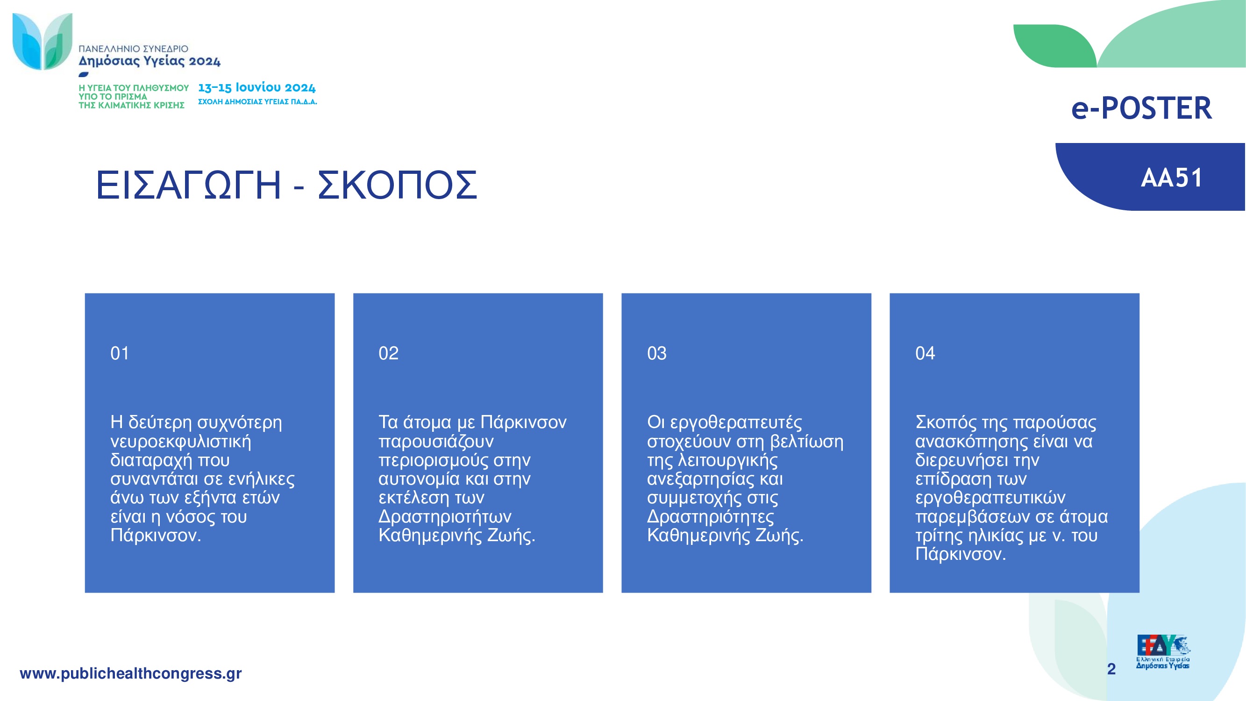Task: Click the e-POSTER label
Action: coord(1141,108)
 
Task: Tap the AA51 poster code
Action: coord(1172,178)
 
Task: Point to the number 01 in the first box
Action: coord(120,353)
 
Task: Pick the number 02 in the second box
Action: coord(388,353)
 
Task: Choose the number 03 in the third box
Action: coord(657,353)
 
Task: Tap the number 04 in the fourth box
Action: coord(926,353)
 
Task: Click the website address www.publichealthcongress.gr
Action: coord(131,673)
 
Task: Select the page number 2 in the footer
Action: coord(1111,669)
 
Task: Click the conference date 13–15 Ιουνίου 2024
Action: coord(257,87)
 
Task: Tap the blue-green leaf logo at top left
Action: coord(43,42)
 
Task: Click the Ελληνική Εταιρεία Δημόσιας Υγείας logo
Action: coord(1163,651)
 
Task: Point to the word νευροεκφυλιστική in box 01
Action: coord(181,442)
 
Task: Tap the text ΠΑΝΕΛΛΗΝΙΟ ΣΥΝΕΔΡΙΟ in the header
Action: coord(134,49)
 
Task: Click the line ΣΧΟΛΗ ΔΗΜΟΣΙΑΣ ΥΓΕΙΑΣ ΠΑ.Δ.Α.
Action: coord(257,101)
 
